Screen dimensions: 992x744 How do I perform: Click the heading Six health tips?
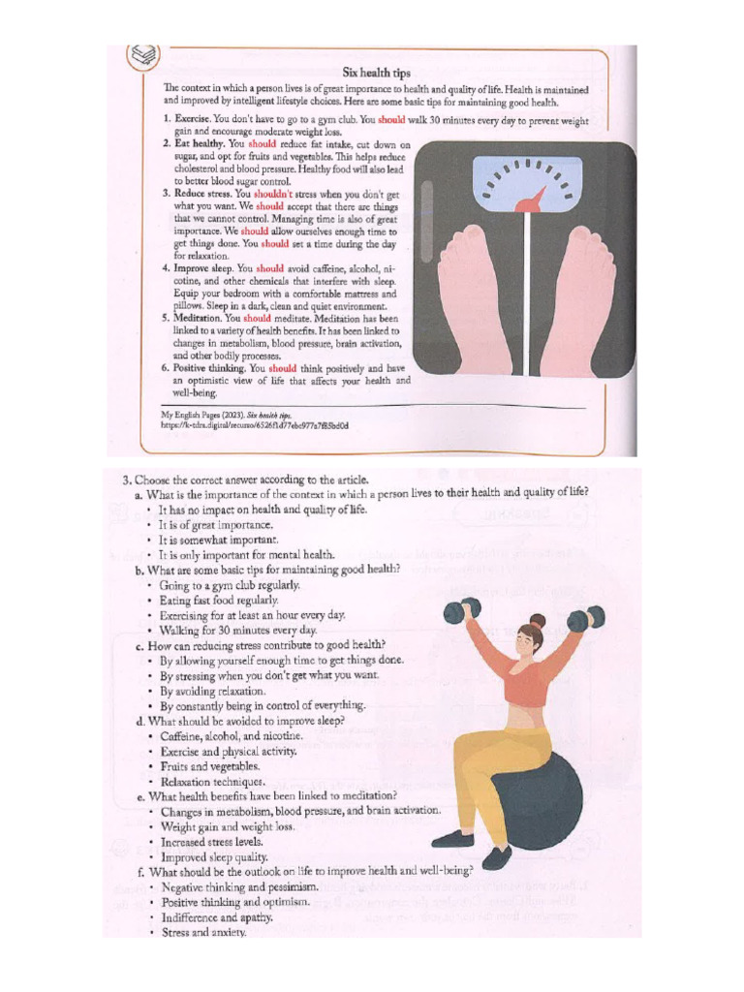point(377,73)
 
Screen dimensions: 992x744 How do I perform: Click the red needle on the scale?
point(532,199)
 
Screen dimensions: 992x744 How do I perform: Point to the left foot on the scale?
point(474,295)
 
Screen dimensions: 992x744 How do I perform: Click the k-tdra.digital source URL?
point(255,424)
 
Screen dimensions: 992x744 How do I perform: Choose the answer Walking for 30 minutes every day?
point(238,630)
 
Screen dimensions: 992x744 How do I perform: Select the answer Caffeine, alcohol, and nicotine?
point(232,736)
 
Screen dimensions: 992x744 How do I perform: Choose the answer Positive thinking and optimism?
point(235,902)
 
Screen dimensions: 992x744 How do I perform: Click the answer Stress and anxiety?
point(203,933)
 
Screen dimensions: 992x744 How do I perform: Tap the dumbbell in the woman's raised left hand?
point(584,617)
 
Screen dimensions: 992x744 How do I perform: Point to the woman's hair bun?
point(539,620)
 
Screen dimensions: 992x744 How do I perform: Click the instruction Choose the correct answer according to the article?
point(258,479)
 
